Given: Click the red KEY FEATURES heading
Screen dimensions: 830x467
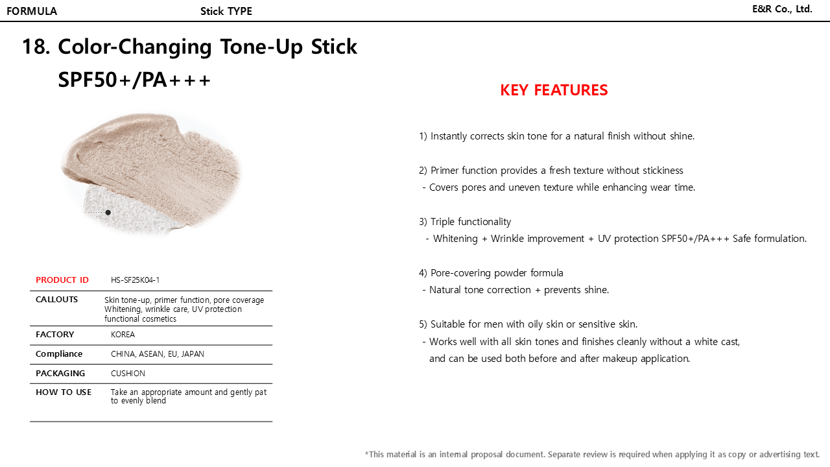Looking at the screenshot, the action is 554,90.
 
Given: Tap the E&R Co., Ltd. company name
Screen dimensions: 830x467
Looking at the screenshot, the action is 782,9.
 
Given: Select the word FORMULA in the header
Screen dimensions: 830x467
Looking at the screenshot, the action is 32,11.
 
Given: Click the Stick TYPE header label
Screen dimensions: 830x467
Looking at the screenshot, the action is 226,11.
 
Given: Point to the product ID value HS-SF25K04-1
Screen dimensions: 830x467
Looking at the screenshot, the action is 136,280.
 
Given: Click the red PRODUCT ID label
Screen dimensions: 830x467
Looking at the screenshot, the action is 62,280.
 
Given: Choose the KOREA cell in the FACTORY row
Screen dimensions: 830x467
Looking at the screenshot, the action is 123,334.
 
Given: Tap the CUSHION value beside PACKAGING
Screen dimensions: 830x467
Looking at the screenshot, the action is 128,373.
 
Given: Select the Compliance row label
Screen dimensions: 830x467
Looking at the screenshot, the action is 59,354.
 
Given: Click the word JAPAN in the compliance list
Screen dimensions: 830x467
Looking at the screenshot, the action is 193,354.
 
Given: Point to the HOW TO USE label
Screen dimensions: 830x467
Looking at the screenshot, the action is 64,392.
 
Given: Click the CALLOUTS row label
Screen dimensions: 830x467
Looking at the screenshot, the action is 56,300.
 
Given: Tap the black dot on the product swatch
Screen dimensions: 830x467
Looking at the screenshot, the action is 108,212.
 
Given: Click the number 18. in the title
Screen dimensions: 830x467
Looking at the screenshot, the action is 36,47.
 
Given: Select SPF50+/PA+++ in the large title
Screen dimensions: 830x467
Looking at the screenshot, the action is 134,80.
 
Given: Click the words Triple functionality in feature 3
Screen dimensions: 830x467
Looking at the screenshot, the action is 471,222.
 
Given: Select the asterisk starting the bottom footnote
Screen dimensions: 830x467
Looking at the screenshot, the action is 367,453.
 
